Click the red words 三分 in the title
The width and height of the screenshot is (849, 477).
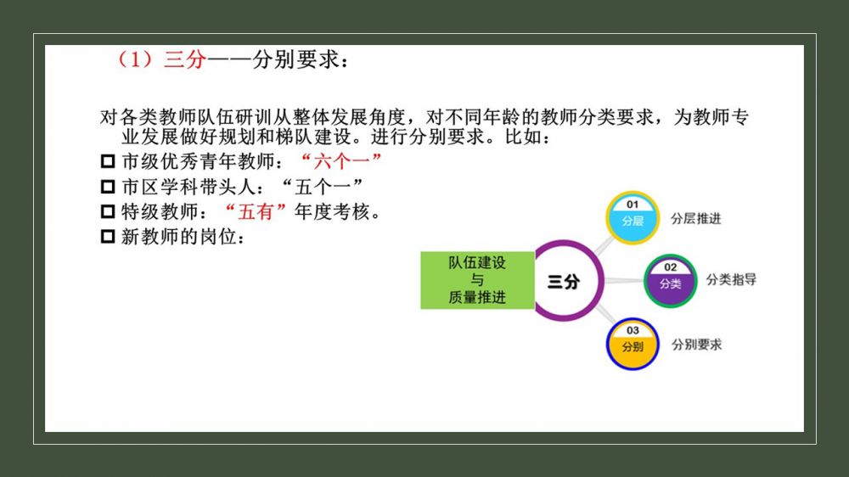tap(185, 59)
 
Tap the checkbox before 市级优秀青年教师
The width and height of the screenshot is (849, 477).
tap(108, 161)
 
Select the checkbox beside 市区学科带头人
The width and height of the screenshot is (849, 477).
tap(108, 187)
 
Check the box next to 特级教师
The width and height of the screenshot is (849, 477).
tap(108, 211)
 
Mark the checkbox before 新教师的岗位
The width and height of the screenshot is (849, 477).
tap(108, 237)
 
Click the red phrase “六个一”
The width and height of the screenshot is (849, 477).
tap(341, 161)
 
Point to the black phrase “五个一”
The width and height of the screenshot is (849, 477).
tap(322, 187)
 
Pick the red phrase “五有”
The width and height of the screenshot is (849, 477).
tap(256, 211)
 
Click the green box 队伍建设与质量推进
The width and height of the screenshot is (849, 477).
tap(477, 280)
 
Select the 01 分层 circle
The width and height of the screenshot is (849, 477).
tap(633, 217)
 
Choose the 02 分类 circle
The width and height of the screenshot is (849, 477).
tap(671, 280)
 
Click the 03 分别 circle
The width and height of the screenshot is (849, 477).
tap(633, 344)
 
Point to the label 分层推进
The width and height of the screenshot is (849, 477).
tap(696, 219)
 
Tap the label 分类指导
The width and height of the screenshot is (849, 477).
tap(731, 280)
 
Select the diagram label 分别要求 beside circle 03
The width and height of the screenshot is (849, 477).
tap(696, 345)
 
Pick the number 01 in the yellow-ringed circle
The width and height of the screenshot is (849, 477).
tap(633, 205)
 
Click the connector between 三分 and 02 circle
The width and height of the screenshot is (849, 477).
tap(624, 280)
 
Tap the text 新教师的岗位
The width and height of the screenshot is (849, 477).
tap(178, 237)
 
